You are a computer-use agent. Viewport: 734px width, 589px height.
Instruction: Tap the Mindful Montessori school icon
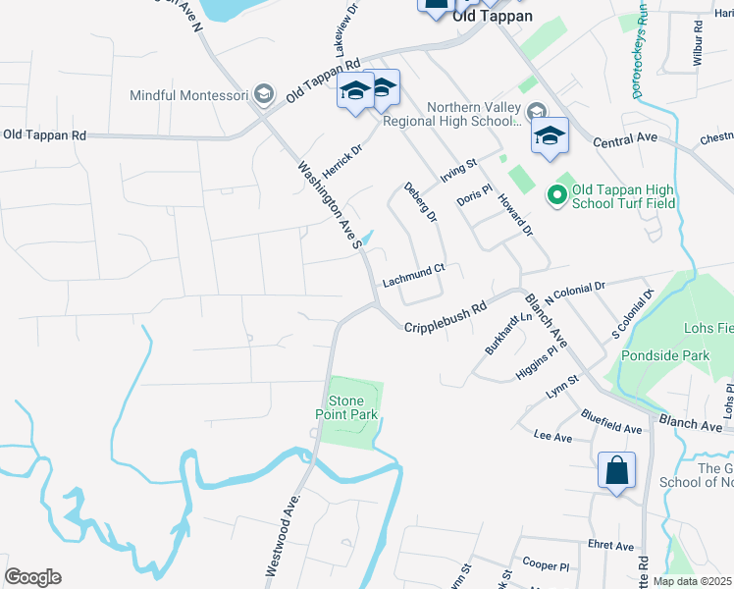pos(263,95)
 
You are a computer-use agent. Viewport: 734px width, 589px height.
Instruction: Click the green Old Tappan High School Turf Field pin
pos(558,196)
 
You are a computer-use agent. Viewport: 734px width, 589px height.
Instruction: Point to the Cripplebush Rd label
pos(446,314)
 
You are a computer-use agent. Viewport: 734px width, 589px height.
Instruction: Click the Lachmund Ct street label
pos(413,274)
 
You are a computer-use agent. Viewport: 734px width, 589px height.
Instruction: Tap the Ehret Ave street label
pos(609,546)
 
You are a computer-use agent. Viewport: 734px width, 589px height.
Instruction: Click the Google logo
pos(32,576)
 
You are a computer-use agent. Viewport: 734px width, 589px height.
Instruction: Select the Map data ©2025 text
pos(693,581)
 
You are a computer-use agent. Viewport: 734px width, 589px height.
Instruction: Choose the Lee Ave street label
pos(552,435)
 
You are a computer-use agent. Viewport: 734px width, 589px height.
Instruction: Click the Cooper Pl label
pos(547,566)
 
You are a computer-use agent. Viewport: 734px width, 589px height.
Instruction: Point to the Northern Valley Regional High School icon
pos(535,111)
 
